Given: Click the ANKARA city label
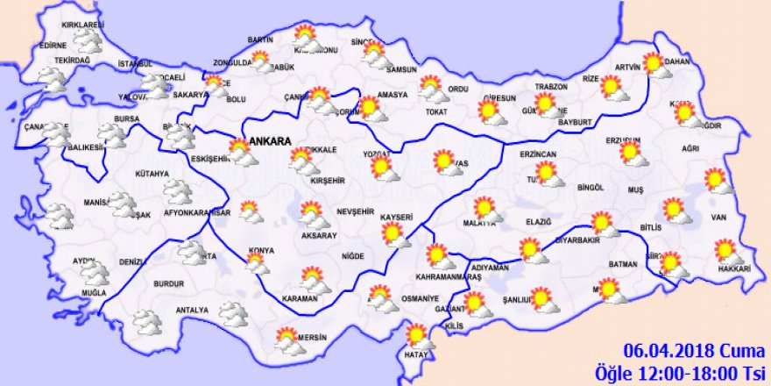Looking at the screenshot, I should pos(271,139).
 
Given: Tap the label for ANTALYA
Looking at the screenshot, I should pos(192,310).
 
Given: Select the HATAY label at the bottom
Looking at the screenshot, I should pos(415,355).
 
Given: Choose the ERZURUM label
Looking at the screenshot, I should pos(624,139).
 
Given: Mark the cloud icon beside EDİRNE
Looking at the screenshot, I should pos(88,43).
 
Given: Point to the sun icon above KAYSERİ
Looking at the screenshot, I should pos(393,234).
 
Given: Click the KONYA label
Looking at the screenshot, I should pos(261,250).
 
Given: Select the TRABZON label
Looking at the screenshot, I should pos(552,87).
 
